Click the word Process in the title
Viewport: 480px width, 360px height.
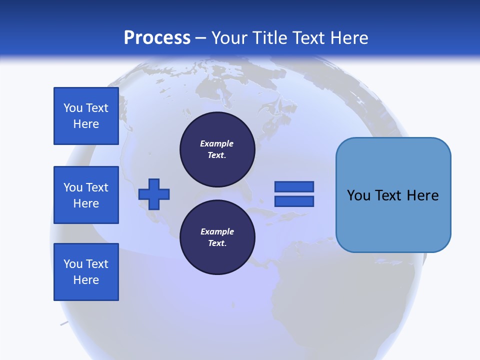click(x=157, y=38)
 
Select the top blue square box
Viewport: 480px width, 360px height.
click(x=86, y=116)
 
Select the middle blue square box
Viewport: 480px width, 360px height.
click(x=86, y=195)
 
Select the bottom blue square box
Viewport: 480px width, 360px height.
click(x=86, y=272)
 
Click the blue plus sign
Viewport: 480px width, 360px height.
click(x=154, y=194)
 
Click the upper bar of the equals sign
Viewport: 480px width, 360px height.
click(x=294, y=186)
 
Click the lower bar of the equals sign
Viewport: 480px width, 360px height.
click(x=294, y=201)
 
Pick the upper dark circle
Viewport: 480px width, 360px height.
click(x=217, y=149)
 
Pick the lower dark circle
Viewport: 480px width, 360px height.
click(x=217, y=237)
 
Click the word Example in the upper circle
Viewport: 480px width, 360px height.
click(x=217, y=143)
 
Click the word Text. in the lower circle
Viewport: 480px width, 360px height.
click(x=217, y=243)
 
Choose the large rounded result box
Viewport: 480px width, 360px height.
click(x=393, y=195)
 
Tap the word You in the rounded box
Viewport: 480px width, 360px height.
click(x=358, y=195)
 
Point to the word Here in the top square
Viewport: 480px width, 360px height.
click(x=86, y=124)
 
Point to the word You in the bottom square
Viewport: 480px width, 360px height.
click(x=73, y=264)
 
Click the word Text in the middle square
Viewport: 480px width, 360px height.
click(x=97, y=187)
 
